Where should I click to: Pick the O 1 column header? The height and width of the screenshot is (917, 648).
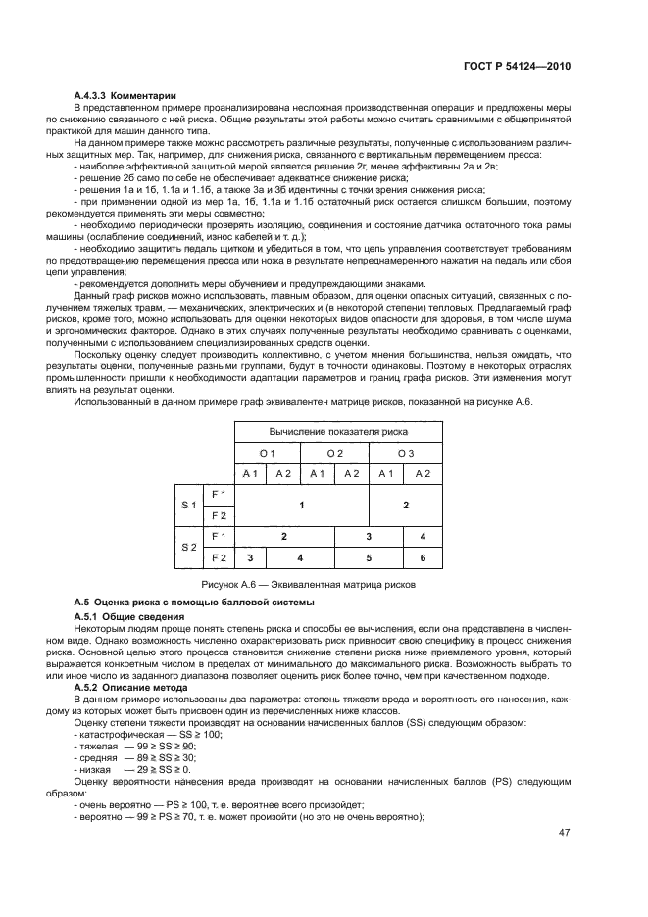[x=267, y=453]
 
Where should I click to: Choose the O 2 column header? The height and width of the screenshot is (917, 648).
[x=334, y=453]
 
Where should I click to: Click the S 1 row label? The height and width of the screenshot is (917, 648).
[x=188, y=504]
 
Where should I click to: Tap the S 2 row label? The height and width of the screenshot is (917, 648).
[x=188, y=548]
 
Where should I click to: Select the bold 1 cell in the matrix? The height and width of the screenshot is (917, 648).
[x=301, y=504]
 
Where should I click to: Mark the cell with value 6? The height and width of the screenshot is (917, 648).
[x=423, y=558]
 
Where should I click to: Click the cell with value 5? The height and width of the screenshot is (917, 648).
[x=369, y=558]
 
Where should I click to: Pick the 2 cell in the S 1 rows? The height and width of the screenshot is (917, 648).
[x=406, y=504]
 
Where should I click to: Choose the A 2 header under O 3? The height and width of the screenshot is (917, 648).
[x=423, y=474]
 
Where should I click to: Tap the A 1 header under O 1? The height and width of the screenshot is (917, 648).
[x=250, y=474]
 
